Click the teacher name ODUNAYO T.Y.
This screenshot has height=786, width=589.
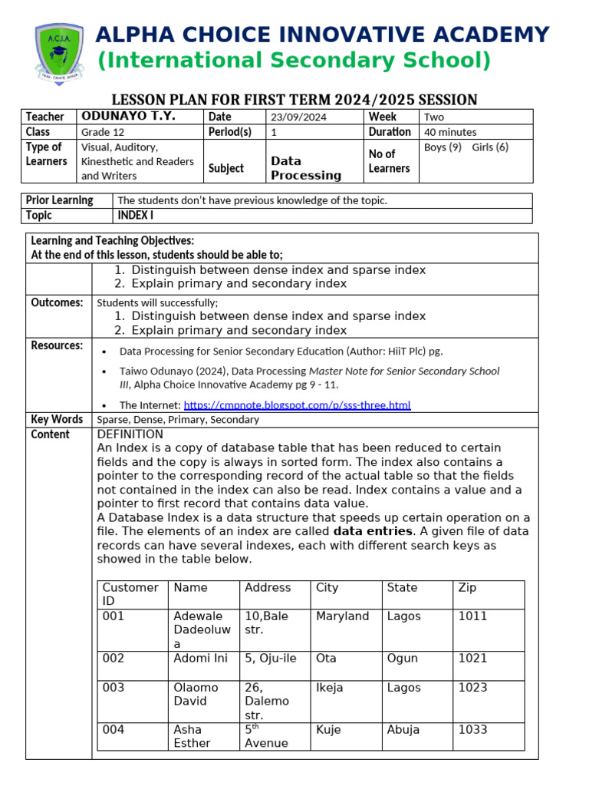coord(128,116)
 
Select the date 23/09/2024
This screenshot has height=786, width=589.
coord(298,117)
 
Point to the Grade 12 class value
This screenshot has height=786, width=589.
coord(103,132)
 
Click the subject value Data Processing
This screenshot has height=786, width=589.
coord(306,168)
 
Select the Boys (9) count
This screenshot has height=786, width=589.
coord(443,147)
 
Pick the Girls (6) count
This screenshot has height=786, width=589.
coord(490,147)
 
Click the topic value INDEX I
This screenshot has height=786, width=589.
coord(135,216)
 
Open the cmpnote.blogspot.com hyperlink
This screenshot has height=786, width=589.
coord(298,405)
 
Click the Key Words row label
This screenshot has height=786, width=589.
coord(57,419)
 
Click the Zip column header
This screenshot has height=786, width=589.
coord(467,587)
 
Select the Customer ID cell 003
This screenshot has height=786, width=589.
coord(113,688)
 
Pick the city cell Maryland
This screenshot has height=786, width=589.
coord(342,616)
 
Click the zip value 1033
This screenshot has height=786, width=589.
coord(472,729)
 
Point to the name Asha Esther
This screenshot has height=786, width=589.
coord(192,736)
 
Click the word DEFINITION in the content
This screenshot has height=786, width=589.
coord(130,434)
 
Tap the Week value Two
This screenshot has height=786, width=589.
coord(433,117)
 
